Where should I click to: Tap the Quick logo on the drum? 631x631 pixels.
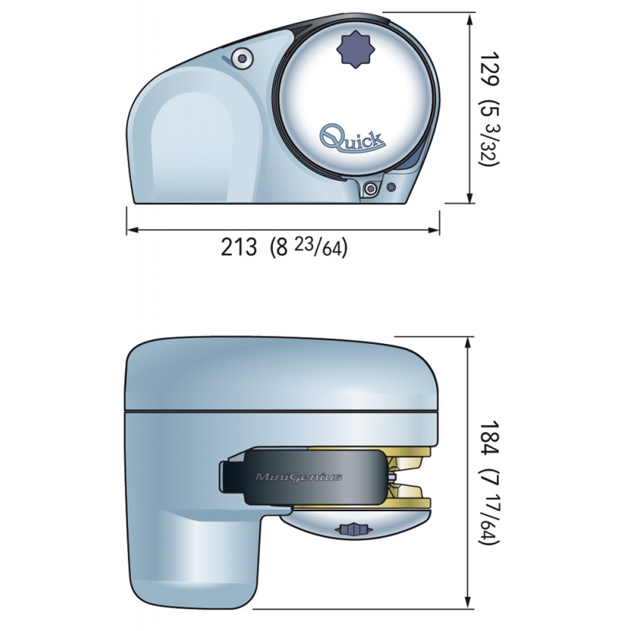pos(352,139)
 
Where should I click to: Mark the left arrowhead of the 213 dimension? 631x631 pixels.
pos(131,230)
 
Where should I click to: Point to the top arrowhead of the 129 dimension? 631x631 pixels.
pos(470,18)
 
